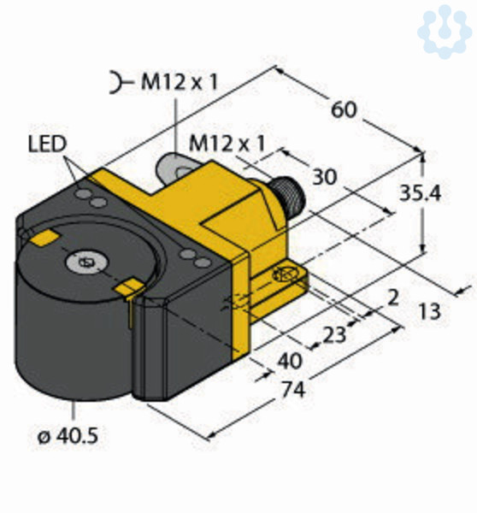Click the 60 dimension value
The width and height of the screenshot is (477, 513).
(344, 109)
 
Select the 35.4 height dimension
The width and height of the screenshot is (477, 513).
(421, 193)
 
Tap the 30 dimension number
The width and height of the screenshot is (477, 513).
(325, 177)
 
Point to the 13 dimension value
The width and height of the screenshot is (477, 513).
(430, 311)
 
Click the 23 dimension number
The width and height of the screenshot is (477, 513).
(334, 334)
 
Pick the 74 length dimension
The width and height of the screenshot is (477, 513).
(293, 390)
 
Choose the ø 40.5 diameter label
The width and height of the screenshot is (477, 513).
(68, 436)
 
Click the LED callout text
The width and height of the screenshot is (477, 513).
(47, 144)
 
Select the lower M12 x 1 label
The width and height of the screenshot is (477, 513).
(227, 144)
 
